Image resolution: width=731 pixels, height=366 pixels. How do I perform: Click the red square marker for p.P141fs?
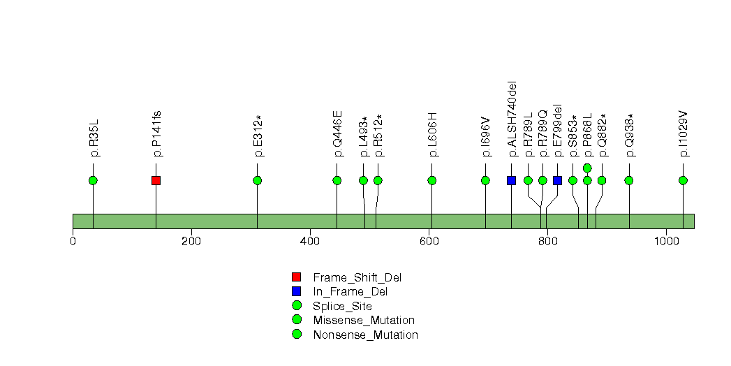tap(156, 180)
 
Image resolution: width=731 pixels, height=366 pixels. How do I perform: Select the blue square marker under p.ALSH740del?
tap(511, 180)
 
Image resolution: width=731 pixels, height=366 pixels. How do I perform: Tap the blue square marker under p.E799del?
tap(558, 180)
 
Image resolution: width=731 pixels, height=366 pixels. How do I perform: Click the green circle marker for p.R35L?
tap(94, 180)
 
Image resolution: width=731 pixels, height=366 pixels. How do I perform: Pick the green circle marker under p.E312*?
tap(258, 180)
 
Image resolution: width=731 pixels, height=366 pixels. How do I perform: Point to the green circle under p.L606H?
tap(431, 180)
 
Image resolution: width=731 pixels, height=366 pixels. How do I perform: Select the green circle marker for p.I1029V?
tap(683, 180)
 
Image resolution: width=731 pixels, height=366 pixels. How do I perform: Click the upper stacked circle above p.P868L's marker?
tap(587, 168)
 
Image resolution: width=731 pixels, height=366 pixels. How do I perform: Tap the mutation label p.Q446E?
tap(337, 133)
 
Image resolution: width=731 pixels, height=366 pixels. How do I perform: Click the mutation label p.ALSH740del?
tap(512, 119)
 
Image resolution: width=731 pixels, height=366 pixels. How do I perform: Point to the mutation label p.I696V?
tap(486, 137)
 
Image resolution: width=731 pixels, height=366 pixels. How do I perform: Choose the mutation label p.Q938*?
tap(629, 136)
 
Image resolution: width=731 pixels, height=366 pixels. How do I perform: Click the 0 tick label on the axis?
tap(73, 241)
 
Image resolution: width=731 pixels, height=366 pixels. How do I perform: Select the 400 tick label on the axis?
tap(310, 241)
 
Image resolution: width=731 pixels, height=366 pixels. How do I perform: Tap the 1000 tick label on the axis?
tap(666, 241)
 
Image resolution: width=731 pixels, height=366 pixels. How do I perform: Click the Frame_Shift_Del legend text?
tap(357, 278)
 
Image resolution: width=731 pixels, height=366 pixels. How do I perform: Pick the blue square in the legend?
tap(297, 291)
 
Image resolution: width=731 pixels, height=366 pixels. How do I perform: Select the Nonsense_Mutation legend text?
tap(366, 335)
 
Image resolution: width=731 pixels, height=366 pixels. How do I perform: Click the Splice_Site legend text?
tap(342, 307)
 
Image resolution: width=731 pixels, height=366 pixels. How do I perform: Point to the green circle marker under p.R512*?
tap(378, 180)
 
